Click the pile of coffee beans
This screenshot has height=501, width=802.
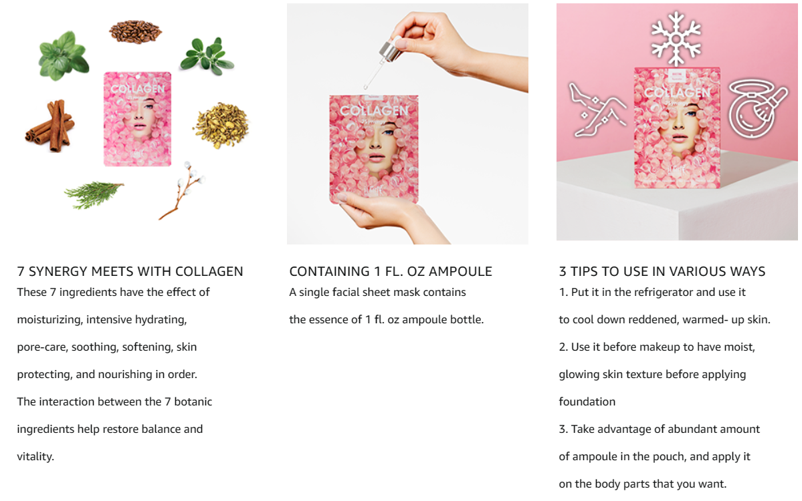(x=136, y=31)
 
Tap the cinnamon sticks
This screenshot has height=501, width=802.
(x=51, y=126)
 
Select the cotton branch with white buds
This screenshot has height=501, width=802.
(x=182, y=190)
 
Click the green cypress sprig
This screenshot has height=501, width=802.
(x=93, y=195)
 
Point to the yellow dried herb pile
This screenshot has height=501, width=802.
(x=221, y=125)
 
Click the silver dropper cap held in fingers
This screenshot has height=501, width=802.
(x=390, y=50)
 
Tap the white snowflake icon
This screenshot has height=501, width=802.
(x=676, y=39)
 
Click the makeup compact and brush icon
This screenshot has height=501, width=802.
(x=757, y=108)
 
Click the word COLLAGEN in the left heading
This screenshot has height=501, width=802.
(x=209, y=271)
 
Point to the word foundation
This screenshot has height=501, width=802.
(x=587, y=401)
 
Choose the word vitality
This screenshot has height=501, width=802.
(x=35, y=456)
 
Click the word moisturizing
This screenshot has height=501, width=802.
(x=49, y=320)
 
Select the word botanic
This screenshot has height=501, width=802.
(x=193, y=401)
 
